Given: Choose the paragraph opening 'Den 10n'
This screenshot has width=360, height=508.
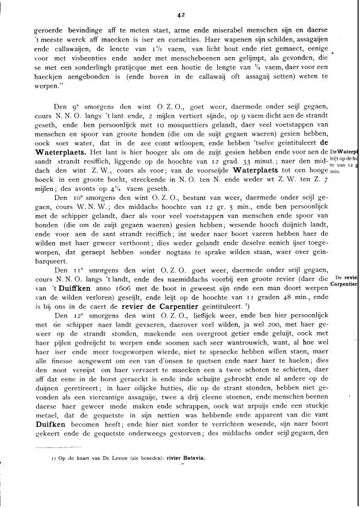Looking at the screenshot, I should (x=63, y=196).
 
